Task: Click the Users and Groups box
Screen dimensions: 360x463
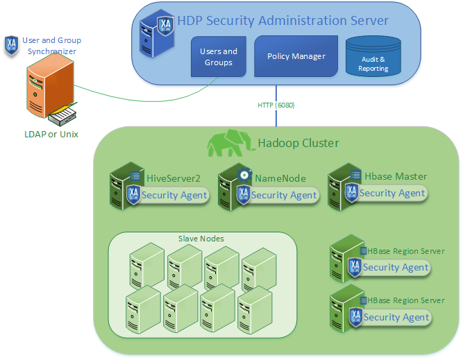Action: click(219, 57)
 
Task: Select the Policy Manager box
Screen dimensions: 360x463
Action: click(296, 56)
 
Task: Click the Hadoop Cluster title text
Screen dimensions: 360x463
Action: click(298, 143)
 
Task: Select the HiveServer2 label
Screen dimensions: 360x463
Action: click(174, 178)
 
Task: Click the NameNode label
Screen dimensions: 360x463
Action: click(280, 178)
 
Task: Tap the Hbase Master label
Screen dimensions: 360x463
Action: click(396, 176)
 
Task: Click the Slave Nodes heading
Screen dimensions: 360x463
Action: click(201, 239)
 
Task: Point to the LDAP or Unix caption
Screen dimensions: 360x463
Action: click(47, 134)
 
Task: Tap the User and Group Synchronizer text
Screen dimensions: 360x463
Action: click(49, 46)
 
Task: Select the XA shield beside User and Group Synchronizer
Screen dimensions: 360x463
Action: click(11, 46)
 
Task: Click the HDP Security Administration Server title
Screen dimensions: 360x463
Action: click(283, 21)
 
